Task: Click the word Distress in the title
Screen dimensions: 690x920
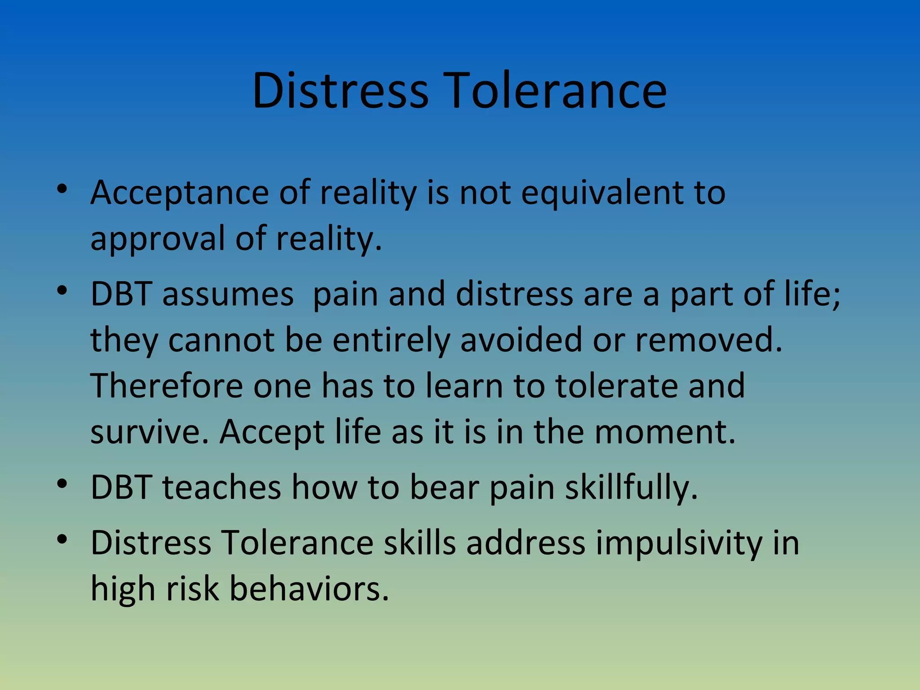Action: (x=340, y=91)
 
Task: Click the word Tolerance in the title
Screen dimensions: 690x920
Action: (x=555, y=91)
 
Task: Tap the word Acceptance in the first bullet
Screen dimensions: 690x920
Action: (x=180, y=193)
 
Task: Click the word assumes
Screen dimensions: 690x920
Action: (x=228, y=295)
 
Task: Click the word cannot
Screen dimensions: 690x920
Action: (x=221, y=340)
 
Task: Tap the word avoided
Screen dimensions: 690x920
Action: (x=521, y=340)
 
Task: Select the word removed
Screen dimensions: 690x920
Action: (x=708, y=340)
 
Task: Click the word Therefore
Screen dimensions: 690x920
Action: (x=167, y=386)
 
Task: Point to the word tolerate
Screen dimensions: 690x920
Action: (x=616, y=386)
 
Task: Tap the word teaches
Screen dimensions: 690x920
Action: (x=221, y=487)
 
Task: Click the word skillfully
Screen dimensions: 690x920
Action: (x=631, y=488)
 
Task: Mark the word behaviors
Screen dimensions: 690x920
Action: (x=309, y=589)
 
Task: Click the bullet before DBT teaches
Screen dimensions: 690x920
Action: (x=62, y=484)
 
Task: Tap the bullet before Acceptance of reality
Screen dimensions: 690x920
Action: (x=62, y=189)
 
